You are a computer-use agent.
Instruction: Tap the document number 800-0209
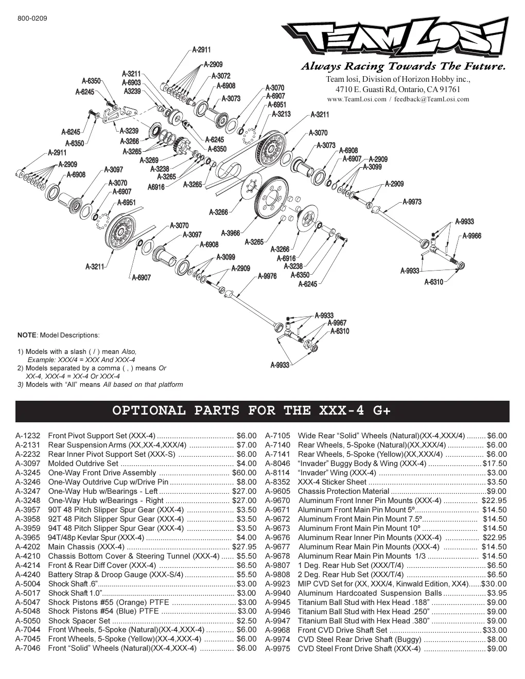tap(32, 19)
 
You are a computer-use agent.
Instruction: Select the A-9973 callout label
tap(412, 202)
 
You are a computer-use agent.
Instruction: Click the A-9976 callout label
tap(267, 276)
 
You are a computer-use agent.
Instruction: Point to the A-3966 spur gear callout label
tap(231, 233)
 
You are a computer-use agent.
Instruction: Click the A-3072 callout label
tap(221, 76)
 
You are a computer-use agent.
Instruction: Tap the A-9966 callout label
tap(471, 236)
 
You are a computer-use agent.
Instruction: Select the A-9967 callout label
tap(337, 323)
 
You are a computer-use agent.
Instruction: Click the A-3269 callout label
tap(149, 160)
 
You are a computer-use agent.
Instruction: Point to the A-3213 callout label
tap(281, 114)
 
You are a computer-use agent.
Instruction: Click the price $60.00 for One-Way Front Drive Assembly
tap(244, 473)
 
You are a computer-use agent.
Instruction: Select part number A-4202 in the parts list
tap(28, 547)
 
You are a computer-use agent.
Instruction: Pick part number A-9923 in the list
tap(277, 584)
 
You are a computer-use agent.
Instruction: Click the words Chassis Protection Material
tap(343, 491)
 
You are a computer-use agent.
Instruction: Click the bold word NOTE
tap(27, 335)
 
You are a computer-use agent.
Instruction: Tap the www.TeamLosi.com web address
tap(357, 99)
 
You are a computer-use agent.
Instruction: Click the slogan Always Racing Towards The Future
tap(404, 66)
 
